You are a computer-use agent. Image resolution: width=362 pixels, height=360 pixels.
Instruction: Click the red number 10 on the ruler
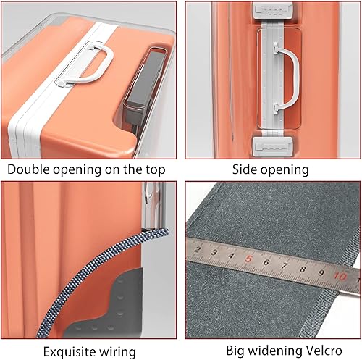[x=340, y=276]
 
